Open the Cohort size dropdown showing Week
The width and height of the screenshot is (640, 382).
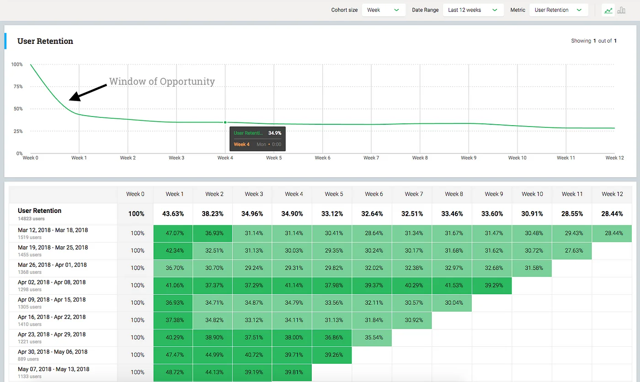(x=384, y=10)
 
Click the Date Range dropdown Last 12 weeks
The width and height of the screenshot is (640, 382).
(x=473, y=10)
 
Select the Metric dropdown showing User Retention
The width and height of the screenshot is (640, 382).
(x=558, y=10)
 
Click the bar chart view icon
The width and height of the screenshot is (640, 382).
(x=621, y=10)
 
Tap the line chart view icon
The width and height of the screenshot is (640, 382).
(x=608, y=10)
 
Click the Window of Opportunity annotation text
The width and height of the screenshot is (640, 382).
(x=162, y=81)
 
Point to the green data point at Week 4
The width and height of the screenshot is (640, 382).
(x=225, y=122)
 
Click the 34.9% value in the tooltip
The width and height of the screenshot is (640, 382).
(x=274, y=133)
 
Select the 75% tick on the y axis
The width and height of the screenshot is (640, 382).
(x=17, y=86)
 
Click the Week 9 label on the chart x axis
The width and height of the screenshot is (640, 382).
(x=469, y=158)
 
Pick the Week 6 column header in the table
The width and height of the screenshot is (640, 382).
(x=374, y=194)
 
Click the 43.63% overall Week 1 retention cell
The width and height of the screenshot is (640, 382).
(x=175, y=213)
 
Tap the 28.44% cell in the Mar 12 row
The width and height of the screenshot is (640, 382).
(x=613, y=233)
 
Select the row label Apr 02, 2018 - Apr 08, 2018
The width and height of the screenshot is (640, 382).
(x=52, y=282)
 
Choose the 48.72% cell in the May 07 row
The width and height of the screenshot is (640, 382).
(x=175, y=372)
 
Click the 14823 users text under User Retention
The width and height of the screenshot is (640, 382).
(x=31, y=219)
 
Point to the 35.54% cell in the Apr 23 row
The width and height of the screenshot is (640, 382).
(x=374, y=337)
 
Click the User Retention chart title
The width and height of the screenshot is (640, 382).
(x=45, y=41)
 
